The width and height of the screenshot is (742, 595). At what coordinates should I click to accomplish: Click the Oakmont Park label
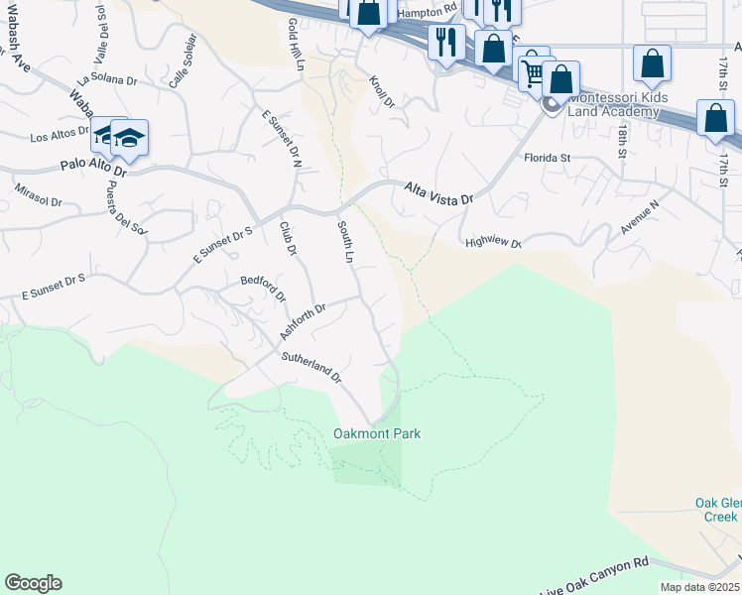(377, 433)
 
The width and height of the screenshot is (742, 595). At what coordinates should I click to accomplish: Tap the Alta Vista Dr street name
(439, 192)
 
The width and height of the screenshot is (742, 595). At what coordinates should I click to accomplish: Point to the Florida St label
(548, 158)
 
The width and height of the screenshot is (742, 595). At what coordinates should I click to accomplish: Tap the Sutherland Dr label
(310, 367)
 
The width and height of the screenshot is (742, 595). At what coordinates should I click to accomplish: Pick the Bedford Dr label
(264, 289)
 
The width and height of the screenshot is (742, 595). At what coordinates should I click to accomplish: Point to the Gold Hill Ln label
(295, 44)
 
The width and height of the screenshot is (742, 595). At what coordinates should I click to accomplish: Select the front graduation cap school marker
(129, 136)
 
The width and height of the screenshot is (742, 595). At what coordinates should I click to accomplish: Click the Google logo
(33, 583)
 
